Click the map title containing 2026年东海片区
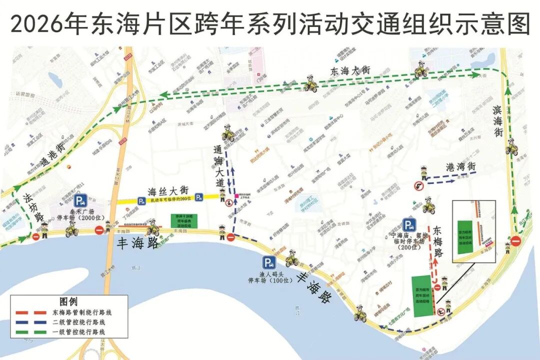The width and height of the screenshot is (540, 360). [270, 23]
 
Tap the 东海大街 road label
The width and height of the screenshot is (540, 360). [349, 71]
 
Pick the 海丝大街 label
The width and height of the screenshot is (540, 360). [168, 190]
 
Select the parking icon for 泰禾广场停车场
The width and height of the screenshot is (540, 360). [79, 201]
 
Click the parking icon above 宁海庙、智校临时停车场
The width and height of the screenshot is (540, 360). [408, 225]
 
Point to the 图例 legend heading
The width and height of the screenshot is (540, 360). [68, 302]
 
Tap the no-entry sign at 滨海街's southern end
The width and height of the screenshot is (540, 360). [515, 241]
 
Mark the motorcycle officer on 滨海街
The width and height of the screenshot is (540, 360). [511, 147]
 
